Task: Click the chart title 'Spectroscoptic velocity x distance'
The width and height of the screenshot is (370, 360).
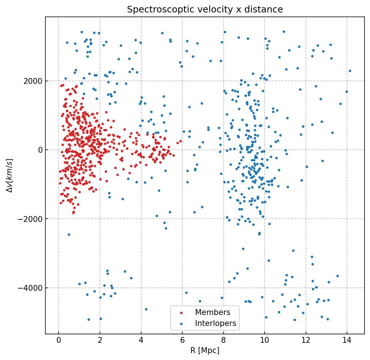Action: [205, 10]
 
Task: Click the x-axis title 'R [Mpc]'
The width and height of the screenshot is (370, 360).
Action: [205, 350]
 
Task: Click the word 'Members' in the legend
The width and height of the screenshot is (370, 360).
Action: [213, 312]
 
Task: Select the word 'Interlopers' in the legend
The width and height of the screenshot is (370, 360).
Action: [216, 323]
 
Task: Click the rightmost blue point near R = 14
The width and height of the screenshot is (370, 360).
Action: [350, 71]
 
